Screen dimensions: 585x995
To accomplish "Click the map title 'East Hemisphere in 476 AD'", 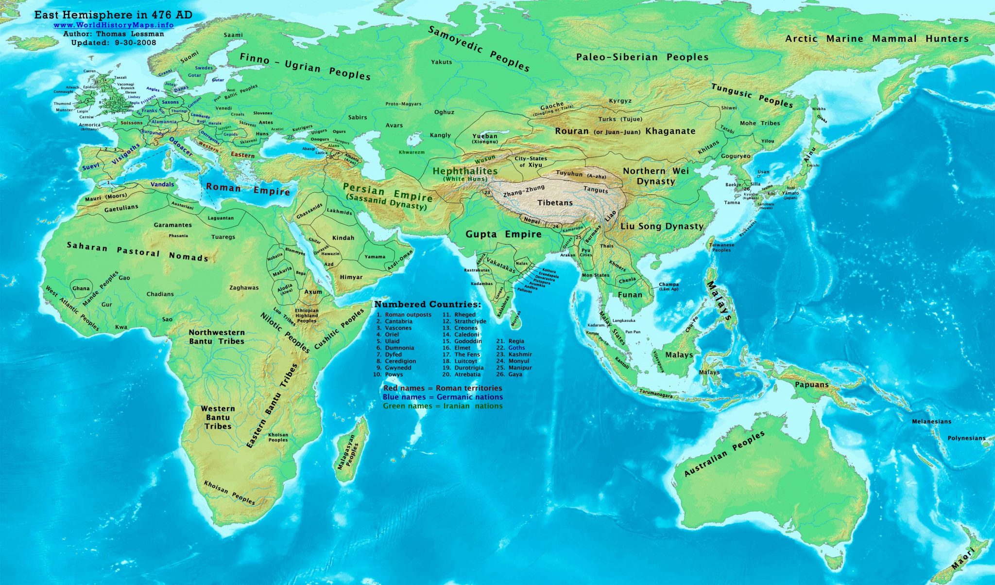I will [x=113, y=15].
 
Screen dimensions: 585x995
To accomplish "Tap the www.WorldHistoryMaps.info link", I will [x=113, y=25].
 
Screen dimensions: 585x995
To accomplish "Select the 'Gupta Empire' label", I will [x=503, y=234].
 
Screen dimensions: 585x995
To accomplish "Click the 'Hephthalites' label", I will [x=465, y=171].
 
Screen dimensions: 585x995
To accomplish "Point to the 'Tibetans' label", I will [x=555, y=203].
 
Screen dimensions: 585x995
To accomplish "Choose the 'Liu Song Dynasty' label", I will [x=662, y=227].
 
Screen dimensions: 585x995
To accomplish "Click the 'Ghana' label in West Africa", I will [x=81, y=288].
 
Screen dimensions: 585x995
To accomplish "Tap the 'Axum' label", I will [x=313, y=292].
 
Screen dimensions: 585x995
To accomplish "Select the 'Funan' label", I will [x=630, y=295].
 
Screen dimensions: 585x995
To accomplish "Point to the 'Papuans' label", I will [x=812, y=385].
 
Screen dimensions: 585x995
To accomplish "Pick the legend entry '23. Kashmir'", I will [x=514, y=355].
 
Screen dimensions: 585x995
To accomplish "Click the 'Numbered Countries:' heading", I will [x=428, y=305].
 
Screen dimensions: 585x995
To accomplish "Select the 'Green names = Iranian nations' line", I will [x=443, y=406].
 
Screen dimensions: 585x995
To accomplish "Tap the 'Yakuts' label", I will [x=441, y=62].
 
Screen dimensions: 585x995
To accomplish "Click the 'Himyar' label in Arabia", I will [x=351, y=277].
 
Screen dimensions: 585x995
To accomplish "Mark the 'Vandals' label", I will [x=162, y=185].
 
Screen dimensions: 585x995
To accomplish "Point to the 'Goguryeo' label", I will [x=736, y=157].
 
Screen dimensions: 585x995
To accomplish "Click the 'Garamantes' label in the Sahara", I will [x=172, y=225].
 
